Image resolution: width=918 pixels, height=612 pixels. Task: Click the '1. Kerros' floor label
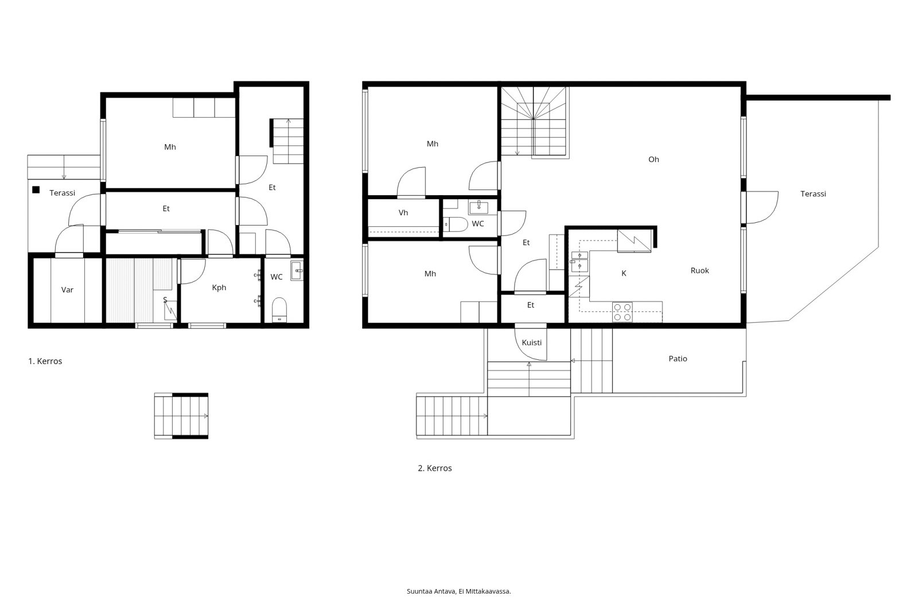[45, 361]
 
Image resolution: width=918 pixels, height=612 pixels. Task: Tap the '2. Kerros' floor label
[435, 468]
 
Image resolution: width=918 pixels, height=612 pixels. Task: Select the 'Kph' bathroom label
[219, 288]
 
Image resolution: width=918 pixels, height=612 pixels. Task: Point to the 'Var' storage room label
[67, 290]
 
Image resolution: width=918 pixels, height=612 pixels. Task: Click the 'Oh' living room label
[654, 160]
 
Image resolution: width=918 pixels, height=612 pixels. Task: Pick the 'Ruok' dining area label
[699, 271]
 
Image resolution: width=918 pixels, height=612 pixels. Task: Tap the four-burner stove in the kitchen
[622, 312]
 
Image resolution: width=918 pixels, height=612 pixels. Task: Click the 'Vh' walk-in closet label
[403, 213]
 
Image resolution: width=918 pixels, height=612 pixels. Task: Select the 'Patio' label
[678, 359]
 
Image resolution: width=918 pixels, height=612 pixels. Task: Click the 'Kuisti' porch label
[531, 343]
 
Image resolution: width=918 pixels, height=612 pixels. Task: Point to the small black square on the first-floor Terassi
[36, 190]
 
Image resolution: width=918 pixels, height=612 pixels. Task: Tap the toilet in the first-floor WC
[279, 310]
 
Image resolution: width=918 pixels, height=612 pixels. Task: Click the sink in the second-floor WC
[479, 207]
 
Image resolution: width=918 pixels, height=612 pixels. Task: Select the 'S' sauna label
[165, 300]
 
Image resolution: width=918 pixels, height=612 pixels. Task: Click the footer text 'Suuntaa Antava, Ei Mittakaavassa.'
[458, 591]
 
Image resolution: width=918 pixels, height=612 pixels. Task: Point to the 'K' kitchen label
[624, 274]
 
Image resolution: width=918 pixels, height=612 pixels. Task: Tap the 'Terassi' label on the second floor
[813, 194]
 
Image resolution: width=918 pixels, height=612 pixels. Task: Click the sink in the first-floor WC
[297, 271]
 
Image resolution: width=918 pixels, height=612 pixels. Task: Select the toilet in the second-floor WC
[456, 224]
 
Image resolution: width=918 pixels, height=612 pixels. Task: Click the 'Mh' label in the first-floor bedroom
[170, 147]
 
